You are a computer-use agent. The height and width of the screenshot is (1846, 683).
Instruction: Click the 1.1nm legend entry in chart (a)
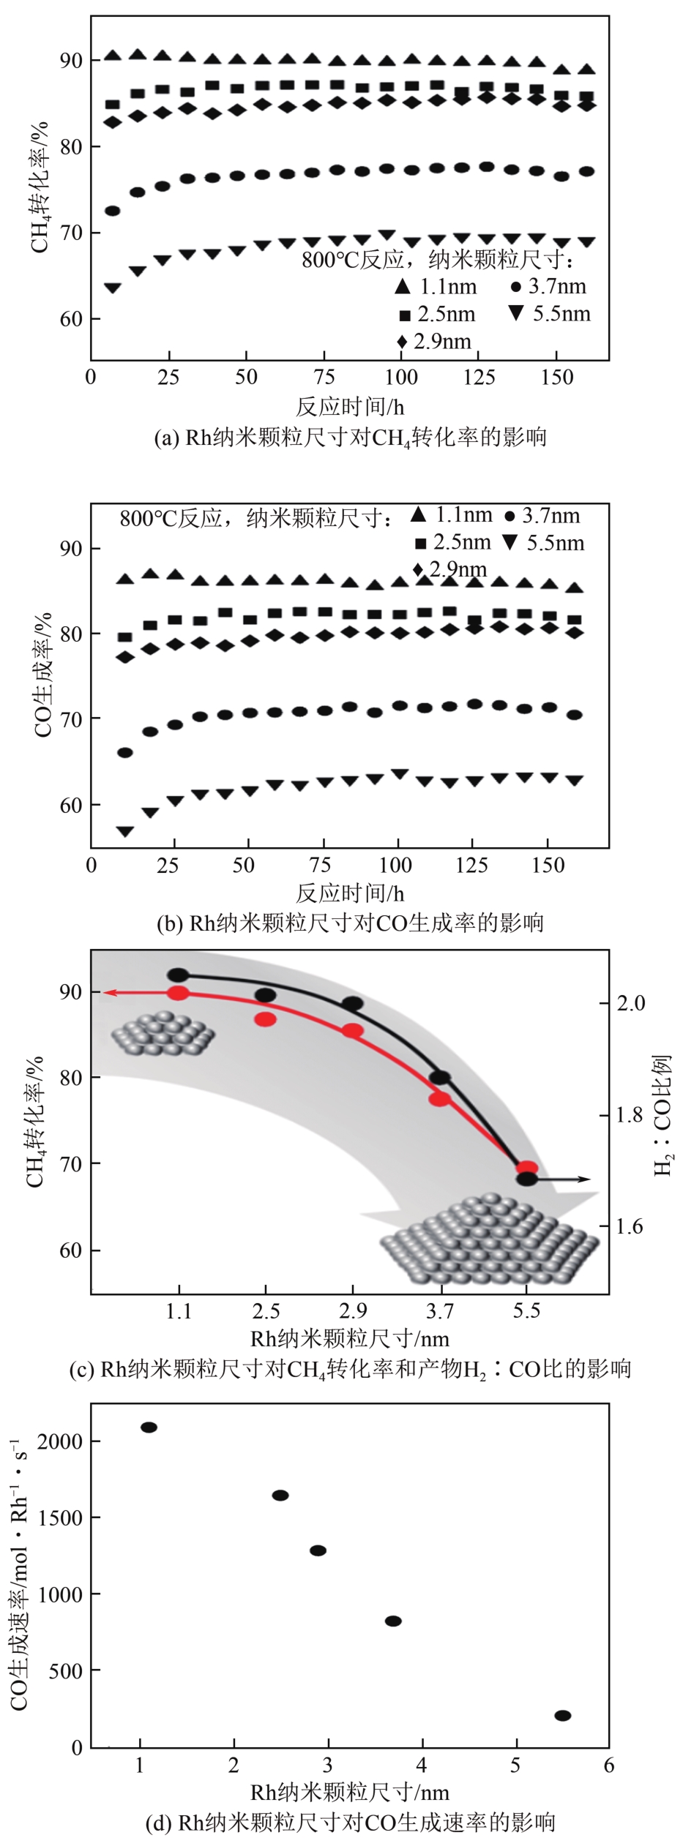click(x=436, y=286)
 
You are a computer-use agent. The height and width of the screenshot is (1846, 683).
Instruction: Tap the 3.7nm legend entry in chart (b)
click(x=542, y=516)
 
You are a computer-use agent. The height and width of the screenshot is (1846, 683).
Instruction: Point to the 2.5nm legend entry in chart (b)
click(x=452, y=543)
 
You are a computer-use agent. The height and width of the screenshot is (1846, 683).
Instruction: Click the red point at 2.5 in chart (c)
click(x=265, y=1018)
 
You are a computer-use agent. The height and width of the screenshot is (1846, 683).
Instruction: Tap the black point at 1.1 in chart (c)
click(x=178, y=975)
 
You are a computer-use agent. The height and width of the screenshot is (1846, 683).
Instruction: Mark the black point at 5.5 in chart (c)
click(x=526, y=1179)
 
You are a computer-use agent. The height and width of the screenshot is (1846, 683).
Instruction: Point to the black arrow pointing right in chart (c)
click(x=578, y=1179)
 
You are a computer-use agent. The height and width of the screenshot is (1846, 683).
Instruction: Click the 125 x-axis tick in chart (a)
click(x=479, y=378)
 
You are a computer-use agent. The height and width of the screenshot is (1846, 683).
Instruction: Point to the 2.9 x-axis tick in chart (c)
click(x=353, y=1310)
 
